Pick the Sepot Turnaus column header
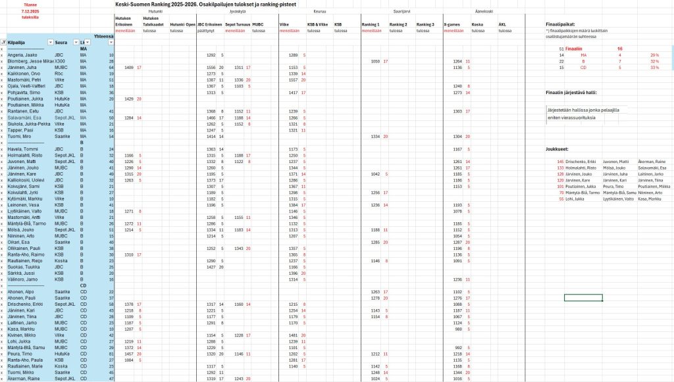tap(235, 24)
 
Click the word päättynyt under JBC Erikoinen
tap(206, 30)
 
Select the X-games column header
tap(452, 24)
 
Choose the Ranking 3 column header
tap(425, 24)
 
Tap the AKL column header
tap(502, 24)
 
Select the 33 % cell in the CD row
tap(654, 67)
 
